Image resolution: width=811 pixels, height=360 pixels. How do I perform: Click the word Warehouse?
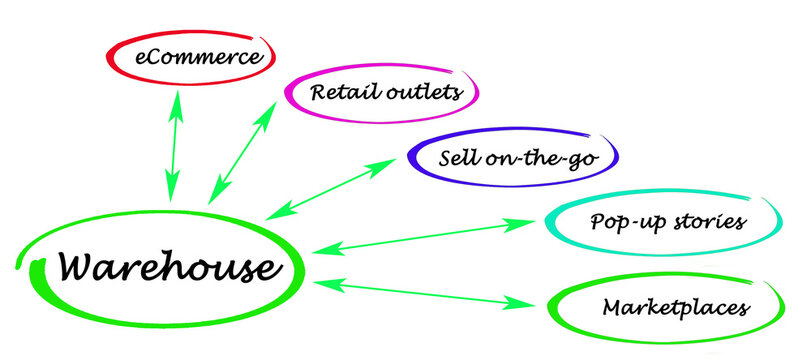coord(165,267)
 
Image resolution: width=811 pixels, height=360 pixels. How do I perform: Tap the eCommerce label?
coord(190,56)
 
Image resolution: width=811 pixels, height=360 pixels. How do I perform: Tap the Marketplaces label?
coord(675,307)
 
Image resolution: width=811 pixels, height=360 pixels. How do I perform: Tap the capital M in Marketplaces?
coord(612,307)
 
